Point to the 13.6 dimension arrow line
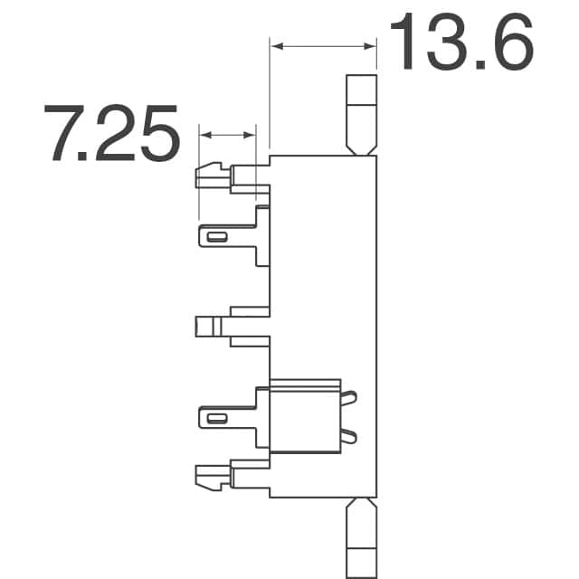click(x=323, y=44)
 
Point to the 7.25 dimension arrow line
click(x=226, y=135)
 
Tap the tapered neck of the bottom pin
click(x=362, y=508)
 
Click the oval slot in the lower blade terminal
click(x=217, y=419)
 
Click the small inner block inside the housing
click(x=306, y=414)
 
